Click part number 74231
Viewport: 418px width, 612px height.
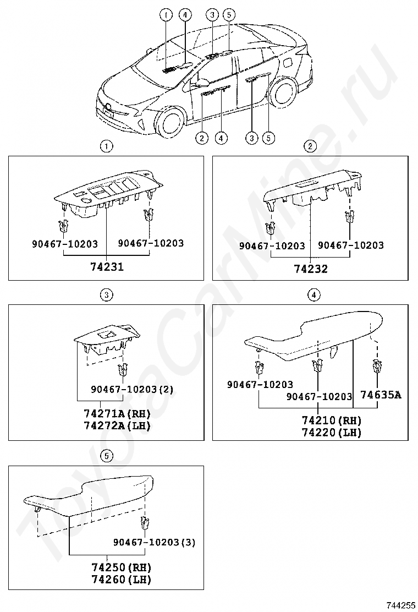(107, 267)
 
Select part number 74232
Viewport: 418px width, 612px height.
(310, 269)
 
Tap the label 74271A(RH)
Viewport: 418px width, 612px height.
(117, 413)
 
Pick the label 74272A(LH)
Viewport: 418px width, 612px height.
(117, 425)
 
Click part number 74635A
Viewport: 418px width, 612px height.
(381, 395)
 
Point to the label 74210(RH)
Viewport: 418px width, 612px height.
(332, 420)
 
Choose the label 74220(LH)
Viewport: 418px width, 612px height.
(332, 433)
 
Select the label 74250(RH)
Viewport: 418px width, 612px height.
(121, 567)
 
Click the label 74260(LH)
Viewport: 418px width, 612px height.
(121, 580)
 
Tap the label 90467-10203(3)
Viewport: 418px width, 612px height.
(155, 542)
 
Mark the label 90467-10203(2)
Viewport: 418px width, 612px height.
(132, 389)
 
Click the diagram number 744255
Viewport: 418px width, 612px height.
(400, 605)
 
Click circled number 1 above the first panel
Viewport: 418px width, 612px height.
(106, 146)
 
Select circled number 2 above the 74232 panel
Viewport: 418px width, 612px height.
(310, 146)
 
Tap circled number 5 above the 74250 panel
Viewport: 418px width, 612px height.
(106, 456)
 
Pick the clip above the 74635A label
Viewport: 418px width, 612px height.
(377, 366)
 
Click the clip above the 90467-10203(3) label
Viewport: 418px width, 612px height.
(145, 522)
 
